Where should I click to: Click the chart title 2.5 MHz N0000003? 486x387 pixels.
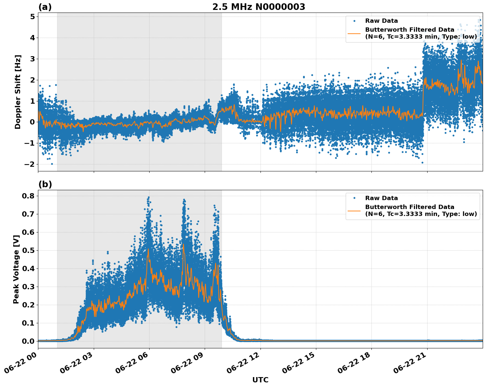[x=259, y=7]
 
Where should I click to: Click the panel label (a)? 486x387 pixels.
[x=45, y=7]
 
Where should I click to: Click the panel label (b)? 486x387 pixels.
[x=45, y=184]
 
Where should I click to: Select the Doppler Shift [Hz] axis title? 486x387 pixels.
[x=18, y=92]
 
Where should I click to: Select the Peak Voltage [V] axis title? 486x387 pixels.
[x=16, y=269]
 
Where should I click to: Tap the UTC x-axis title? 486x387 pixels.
[x=260, y=380]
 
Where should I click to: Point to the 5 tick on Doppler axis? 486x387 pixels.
[x=32, y=17]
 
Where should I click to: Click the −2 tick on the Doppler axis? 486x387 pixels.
[x=30, y=164]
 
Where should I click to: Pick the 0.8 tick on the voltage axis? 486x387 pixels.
[x=28, y=196]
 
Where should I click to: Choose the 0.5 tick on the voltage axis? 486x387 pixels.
[x=28, y=250]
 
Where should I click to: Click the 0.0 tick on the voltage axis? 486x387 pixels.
[x=28, y=341]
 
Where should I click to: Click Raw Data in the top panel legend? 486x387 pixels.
[x=381, y=21]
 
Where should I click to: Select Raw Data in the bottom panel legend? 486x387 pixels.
[x=381, y=198]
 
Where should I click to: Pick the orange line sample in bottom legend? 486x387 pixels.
[x=354, y=211]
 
